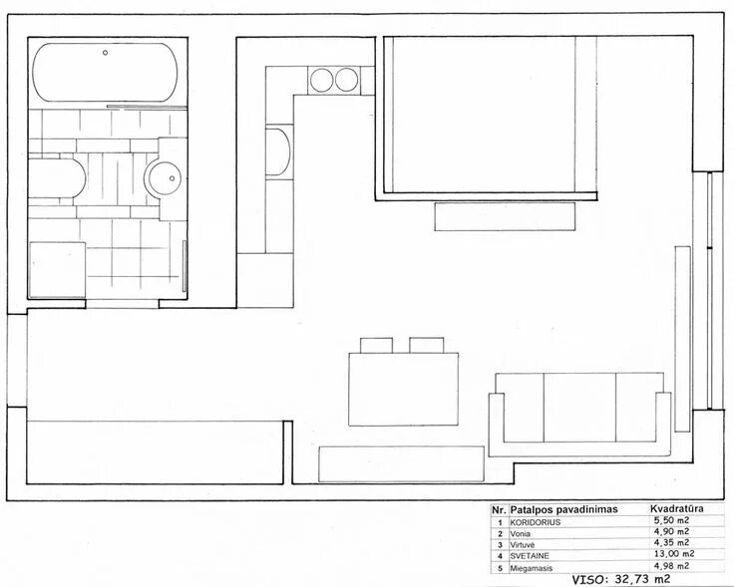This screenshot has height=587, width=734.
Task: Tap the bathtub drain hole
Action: [x=106, y=53]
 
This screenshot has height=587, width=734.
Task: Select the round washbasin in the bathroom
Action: [x=163, y=178]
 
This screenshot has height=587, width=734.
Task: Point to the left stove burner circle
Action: [x=321, y=80]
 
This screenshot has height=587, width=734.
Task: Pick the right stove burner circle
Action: [x=347, y=80]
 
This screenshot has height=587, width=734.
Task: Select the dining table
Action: [x=404, y=390]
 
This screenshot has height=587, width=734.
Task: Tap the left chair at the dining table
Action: [x=376, y=345]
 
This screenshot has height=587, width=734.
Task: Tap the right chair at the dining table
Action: [x=427, y=345]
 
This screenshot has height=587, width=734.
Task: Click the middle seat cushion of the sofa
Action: [x=579, y=408]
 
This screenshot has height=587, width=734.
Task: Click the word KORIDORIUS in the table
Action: [x=536, y=522]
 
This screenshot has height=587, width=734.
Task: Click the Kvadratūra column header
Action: [x=677, y=508]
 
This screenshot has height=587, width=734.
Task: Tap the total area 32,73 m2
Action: [x=643, y=579]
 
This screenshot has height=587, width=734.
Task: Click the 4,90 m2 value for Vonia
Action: [x=671, y=531]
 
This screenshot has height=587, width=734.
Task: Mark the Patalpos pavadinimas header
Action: [x=563, y=509]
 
